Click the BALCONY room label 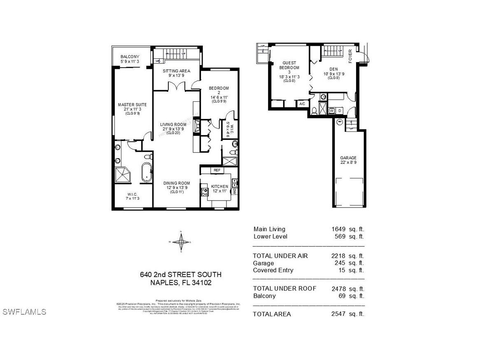coord(130,57)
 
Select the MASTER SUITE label coord(132,105)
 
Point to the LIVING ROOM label coord(173,124)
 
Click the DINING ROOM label coord(176,183)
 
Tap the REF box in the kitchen coord(217,170)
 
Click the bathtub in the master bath coord(147,173)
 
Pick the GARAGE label coord(348,158)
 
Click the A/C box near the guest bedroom coord(302,104)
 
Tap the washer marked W coord(331,110)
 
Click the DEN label coord(333,69)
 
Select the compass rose coord(180,242)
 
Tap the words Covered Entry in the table coord(273,270)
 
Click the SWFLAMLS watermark coord(24,312)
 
